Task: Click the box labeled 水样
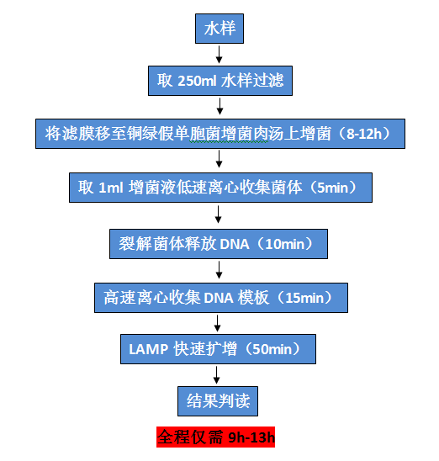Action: coord(219,29)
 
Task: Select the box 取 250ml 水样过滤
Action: coord(219,82)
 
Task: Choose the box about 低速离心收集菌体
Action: coord(219,187)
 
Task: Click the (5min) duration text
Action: coord(336,187)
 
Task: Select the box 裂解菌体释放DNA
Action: coord(219,243)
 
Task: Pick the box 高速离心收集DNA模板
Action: coord(219,296)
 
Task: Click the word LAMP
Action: coord(150,348)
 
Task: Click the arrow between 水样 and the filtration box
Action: coord(219,56)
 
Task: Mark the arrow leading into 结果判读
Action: coord(219,375)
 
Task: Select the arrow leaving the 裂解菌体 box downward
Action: coord(219,270)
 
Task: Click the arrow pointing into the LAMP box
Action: coord(219,322)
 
